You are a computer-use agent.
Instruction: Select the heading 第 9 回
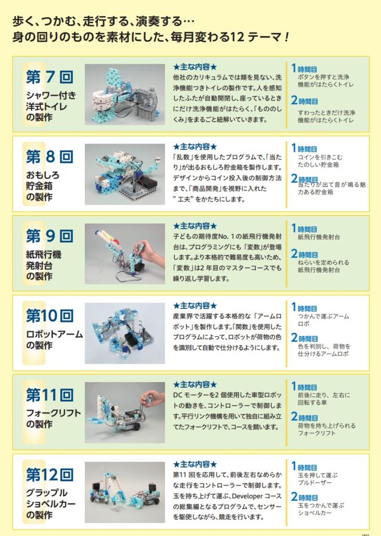(x=50, y=236)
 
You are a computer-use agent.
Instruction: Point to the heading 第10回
(x=50, y=316)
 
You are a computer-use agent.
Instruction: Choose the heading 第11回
(x=50, y=395)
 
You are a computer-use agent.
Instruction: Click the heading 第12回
(x=50, y=474)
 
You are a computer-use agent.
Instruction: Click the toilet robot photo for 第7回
(x=125, y=94)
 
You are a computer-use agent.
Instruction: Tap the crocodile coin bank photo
(x=125, y=174)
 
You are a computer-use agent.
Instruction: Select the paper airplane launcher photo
(x=125, y=254)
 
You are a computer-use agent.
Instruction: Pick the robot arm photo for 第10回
(x=125, y=333)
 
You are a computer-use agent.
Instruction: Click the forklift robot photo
(x=125, y=412)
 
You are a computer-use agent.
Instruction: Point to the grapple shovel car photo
(x=125, y=492)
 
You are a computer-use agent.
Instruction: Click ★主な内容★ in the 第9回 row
(x=195, y=226)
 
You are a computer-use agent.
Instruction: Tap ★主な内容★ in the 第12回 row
(x=195, y=464)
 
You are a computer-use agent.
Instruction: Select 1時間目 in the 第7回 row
(x=304, y=69)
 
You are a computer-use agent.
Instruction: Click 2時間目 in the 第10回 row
(x=305, y=338)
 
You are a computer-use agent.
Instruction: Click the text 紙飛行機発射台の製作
(x=43, y=265)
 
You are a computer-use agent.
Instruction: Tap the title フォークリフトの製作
(x=54, y=418)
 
